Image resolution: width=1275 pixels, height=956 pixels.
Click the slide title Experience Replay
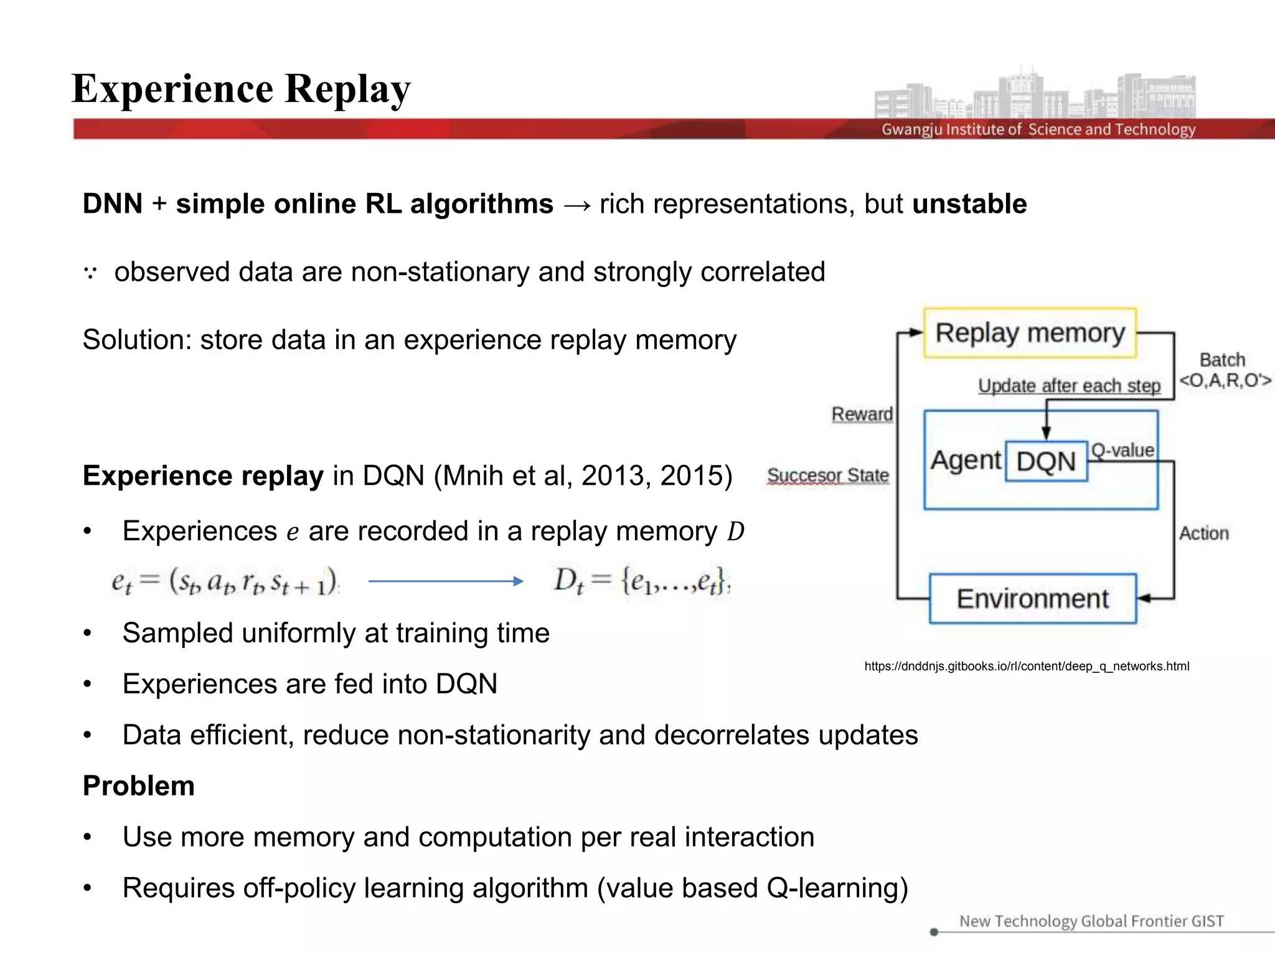[x=241, y=89]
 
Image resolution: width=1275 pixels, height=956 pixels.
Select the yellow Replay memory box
[x=1030, y=333]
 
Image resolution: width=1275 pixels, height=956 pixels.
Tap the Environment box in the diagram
[x=1032, y=599]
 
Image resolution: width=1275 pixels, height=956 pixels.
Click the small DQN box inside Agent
[x=1046, y=462]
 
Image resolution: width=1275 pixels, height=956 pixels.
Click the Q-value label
[x=1122, y=450]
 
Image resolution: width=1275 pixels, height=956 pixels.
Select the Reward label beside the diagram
[x=862, y=414]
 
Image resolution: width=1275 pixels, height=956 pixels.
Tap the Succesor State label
[x=828, y=476]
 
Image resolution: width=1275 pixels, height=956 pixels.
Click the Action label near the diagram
[x=1204, y=533]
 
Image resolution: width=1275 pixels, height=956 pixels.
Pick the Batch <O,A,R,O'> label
[x=1224, y=370]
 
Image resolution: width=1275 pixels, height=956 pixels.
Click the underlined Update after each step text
[x=1069, y=386]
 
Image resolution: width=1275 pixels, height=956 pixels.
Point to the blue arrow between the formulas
[x=446, y=581]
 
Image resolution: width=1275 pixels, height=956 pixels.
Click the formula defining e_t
[x=225, y=582]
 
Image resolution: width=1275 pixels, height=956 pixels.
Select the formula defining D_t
[x=641, y=581]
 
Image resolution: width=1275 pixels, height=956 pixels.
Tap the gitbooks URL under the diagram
[x=1027, y=667]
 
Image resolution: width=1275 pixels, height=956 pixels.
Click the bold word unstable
[x=969, y=204]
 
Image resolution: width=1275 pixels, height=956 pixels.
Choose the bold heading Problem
[x=139, y=785]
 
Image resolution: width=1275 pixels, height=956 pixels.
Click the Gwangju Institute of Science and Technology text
[x=1038, y=129]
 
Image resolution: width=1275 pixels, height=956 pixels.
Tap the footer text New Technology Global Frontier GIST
[x=1091, y=921]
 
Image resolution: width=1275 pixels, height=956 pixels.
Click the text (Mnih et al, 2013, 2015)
[x=583, y=476]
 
